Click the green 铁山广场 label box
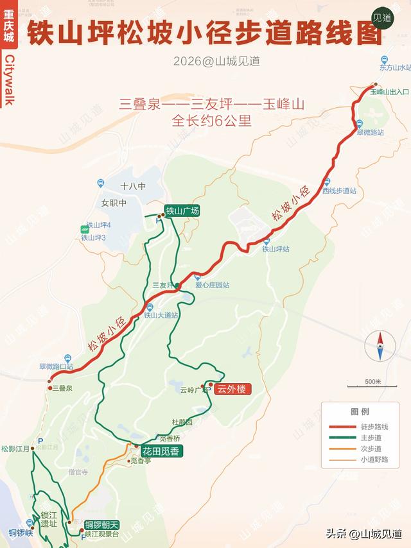pyautogui.click(x=182, y=211)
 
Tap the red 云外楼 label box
pyautogui.click(x=230, y=389)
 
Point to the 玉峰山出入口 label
pyautogui.click(x=389, y=92)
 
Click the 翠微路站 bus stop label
pyautogui.click(x=371, y=132)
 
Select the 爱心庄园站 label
pyautogui.click(x=213, y=285)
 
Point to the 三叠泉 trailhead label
pyautogui.click(x=62, y=388)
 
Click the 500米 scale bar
pyautogui.click(x=372, y=383)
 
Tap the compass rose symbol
pyautogui.click(x=380, y=346)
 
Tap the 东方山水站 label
pyautogui.click(x=394, y=67)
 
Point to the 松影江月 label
pyautogui.click(x=16, y=449)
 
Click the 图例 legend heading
pyautogui.click(x=360, y=411)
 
